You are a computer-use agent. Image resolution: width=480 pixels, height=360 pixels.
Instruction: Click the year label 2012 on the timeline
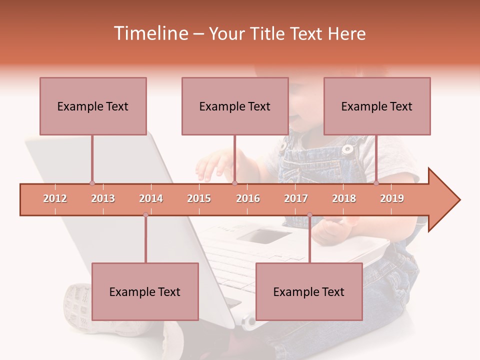click(55, 198)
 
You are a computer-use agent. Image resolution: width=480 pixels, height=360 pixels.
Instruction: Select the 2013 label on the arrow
click(103, 198)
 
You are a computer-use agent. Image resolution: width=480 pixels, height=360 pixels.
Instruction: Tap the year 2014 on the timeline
click(151, 198)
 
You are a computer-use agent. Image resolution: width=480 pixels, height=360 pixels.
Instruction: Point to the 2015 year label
click(199, 198)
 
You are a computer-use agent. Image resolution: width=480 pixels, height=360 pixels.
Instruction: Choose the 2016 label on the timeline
click(248, 198)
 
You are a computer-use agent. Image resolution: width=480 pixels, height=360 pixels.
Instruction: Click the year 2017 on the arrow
click(296, 198)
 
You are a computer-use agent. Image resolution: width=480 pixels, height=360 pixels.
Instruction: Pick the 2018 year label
click(344, 198)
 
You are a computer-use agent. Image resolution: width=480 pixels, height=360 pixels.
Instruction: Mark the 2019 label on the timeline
click(392, 198)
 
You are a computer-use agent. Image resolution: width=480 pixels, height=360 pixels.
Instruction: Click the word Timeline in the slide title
click(150, 33)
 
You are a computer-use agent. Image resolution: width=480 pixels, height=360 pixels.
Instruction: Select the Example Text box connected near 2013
click(93, 106)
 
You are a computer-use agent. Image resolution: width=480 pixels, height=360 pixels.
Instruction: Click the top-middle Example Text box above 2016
click(235, 106)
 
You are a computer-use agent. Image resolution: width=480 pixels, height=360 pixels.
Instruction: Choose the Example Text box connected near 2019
click(377, 106)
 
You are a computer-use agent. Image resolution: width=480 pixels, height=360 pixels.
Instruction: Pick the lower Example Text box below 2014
click(145, 291)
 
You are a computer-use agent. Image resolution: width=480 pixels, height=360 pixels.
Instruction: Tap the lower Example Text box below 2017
click(309, 291)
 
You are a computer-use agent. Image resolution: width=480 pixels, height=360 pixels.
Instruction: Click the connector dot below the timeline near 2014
click(145, 215)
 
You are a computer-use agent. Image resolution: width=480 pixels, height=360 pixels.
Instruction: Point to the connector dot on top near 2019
click(376, 183)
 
